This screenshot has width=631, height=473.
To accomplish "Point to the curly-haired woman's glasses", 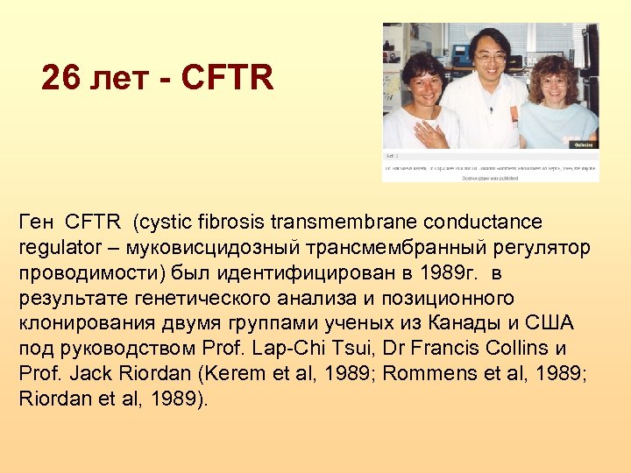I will pos(553,81).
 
